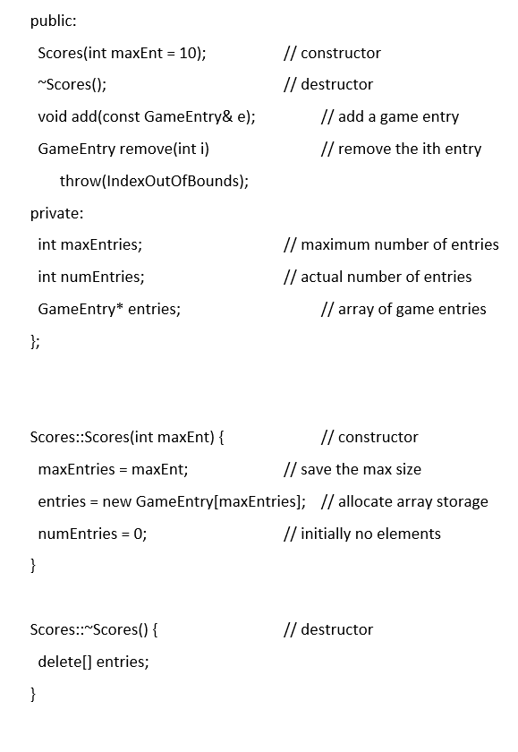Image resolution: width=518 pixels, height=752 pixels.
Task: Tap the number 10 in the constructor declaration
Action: pyautogui.click(x=188, y=53)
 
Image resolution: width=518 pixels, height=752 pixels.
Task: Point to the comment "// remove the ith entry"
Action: pyautogui.click(x=401, y=149)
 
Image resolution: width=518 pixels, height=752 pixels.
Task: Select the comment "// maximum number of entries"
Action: pyautogui.click(x=391, y=244)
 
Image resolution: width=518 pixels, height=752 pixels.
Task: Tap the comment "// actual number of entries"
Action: pyautogui.click(x=377, y=277)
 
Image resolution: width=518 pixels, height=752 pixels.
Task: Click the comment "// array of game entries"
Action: pyautogui.click(x=403, y=309)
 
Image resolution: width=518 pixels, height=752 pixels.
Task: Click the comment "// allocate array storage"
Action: pyautogui.click(x=403, y=501)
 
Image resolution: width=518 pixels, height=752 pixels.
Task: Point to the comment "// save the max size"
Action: pyautogui.click(x=352, y=469)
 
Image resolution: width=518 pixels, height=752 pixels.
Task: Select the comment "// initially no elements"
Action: pyautogui.click(x=361, y=534)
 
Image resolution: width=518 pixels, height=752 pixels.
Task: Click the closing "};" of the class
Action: pyautogui.click(x=35, y=341)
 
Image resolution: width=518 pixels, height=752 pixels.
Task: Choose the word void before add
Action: pyautogui.click(x=53, y=116)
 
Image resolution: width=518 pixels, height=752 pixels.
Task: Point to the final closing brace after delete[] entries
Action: pyautogui.click(x=33, y=694)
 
